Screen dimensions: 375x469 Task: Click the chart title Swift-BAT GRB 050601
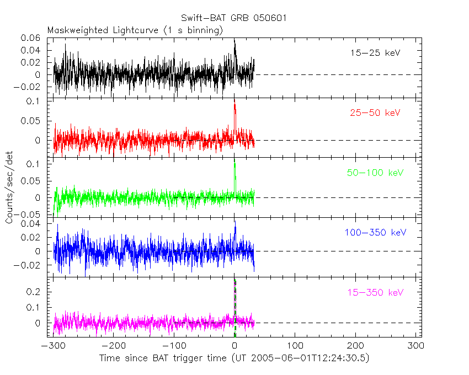pyautogui.click(x=234, y=18)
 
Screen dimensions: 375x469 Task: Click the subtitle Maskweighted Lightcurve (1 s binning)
pyautogui.click(x=135, y=30)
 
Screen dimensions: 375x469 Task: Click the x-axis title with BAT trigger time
pyautogui.click(x=234, y=358)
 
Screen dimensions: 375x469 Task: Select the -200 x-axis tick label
pyautogui.click(x=113, y=346)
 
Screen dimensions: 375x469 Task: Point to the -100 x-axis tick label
pyautogui.click(x=174, y=346)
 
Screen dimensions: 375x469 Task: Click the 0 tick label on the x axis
pyautogui.click(x=235, y=346)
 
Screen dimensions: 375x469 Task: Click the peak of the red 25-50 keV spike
pyautogui.click(x=234, y=104)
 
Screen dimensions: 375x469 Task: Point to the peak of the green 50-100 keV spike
pyautogui.click(x=235, y=163)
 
